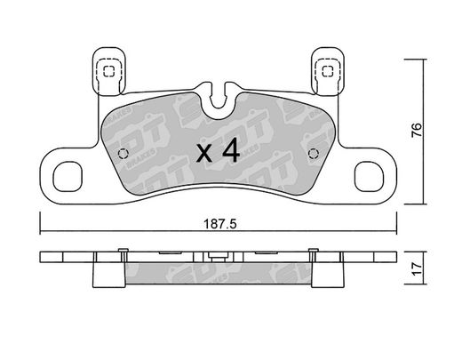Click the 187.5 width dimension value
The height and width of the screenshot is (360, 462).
coord(219,224)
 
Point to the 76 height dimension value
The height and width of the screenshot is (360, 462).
coord(417,130)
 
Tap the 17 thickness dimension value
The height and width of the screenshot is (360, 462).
coord(417,268)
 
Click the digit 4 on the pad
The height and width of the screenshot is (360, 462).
coord(231,150)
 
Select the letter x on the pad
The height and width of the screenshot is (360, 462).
coord(204,154)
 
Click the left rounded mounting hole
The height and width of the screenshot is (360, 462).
coord(68,176)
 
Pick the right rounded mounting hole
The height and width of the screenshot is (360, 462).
coord(369,176)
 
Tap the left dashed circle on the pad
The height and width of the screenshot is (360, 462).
coord(123,154)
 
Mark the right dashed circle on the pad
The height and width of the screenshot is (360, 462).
coord(314,154)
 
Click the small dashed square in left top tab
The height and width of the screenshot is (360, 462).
coord(108,71)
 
